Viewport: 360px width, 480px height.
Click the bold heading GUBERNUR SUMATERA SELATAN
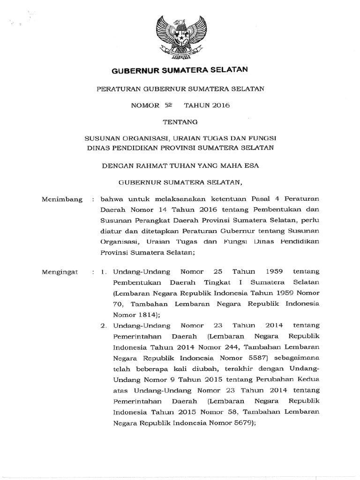click(x=180, y=71)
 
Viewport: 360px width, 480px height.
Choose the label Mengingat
click(x=59, y=272)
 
